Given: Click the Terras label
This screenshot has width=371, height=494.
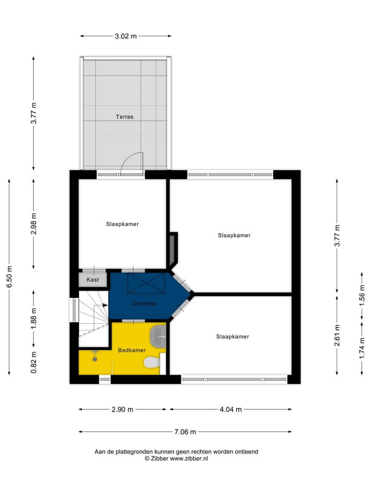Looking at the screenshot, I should coord(124,117).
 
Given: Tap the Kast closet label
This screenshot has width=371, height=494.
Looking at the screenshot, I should coord(93,280).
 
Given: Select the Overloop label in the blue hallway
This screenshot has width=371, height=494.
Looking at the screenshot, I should coord(144,303).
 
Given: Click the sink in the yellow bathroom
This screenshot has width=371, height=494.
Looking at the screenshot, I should coord(157,337).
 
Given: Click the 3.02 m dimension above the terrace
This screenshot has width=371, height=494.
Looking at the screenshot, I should coord(126,36).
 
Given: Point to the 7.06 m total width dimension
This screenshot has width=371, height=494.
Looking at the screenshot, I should coord(185,432).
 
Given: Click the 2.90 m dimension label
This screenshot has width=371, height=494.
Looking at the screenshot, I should coord(123,410).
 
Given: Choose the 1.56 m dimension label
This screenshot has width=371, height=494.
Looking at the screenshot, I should coord(362,296).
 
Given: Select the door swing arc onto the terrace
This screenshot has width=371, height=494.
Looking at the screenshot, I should coord(132,161).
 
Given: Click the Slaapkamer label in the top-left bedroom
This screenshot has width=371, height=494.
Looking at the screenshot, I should coord(122,224).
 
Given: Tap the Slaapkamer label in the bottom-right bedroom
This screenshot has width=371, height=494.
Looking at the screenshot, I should coord(232,337).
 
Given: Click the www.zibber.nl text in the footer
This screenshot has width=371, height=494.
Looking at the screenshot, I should coord(189,458).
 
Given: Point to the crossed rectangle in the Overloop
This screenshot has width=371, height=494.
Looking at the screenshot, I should coord(146,284).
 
